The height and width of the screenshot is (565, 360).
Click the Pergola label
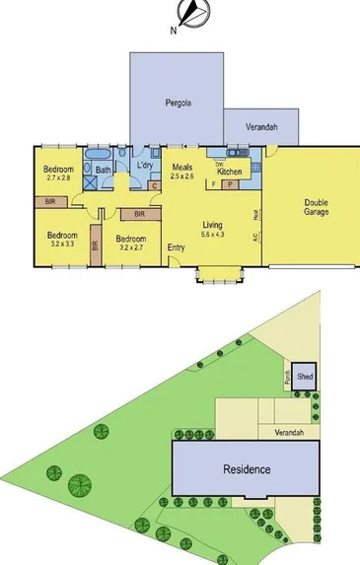(178, 103)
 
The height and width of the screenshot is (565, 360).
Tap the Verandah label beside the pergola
(261, 129)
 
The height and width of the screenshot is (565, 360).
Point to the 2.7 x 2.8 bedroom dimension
(58, 178)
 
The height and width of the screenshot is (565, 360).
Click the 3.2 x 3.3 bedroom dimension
(61, 244)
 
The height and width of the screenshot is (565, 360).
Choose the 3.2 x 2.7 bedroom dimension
(130, 247)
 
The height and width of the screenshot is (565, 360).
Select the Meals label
(181, 167)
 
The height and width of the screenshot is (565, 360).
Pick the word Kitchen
(229, 172)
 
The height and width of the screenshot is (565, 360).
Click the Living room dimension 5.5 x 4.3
(213, 235)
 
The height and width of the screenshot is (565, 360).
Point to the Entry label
(177, 247)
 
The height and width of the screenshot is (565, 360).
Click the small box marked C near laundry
(154, 185)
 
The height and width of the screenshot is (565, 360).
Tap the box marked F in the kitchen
(214, 184)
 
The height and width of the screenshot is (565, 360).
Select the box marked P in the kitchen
(230, 184)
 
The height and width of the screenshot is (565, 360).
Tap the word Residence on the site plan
(246, 468)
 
